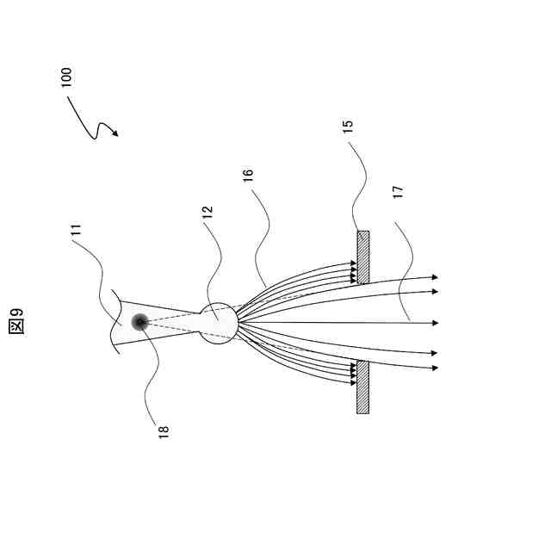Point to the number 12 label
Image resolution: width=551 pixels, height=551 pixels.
pos(207,213)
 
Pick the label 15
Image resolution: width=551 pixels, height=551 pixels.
pos(348,127)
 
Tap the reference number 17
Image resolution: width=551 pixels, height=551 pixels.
pos(397,193)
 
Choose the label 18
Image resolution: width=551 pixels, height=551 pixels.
pos(163,430)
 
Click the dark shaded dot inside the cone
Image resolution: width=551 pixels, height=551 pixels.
pos(139,322)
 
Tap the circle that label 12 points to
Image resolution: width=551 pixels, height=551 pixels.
pos(219,323)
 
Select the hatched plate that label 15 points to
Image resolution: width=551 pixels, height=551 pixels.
pos(363,257)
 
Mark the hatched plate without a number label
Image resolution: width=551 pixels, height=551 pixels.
pos(363,387)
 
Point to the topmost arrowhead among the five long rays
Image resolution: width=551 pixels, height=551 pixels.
pos(435,277)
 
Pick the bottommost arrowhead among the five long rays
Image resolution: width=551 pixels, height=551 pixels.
pos(435,368)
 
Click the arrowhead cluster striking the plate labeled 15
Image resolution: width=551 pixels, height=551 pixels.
pos(353,273)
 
